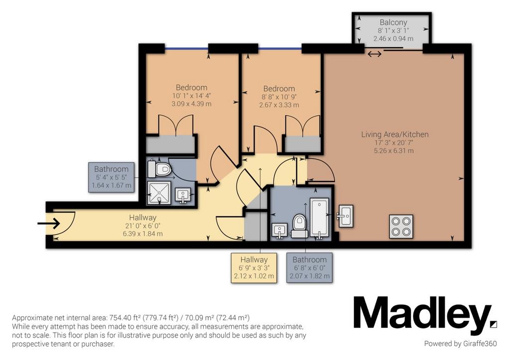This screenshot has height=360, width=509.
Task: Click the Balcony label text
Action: click(x=393, y=22)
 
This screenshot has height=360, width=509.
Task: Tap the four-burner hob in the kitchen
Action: click(x=401, y=226)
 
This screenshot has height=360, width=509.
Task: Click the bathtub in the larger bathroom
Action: click(x=320, y=217)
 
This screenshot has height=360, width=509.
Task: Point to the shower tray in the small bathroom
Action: click(x=159, y=193)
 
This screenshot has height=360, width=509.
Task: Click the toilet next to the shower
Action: click(x=160, y=169)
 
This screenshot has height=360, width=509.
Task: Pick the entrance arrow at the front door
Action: click(x=48, y=223)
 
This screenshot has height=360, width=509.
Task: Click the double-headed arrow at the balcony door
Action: click(x=374, y=54)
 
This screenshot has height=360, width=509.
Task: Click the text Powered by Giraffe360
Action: click(x=460, y=344)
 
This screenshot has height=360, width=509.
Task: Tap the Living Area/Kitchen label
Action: click(x=395, y=134)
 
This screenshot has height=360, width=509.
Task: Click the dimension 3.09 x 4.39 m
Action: click(x=191, y=104)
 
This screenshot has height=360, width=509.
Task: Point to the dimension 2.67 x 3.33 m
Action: click(x=279, y=105)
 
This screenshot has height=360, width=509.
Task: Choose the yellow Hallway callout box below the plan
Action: click(x=254, y=268)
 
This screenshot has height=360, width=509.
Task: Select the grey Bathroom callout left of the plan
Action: click(x=111, y=177)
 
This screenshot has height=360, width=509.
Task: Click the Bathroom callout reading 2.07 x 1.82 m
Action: click(x=309, y=268)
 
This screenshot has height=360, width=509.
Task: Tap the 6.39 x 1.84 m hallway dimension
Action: click(x=143, y=234)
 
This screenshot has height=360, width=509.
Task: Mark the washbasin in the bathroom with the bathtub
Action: click(x=279, y=231)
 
